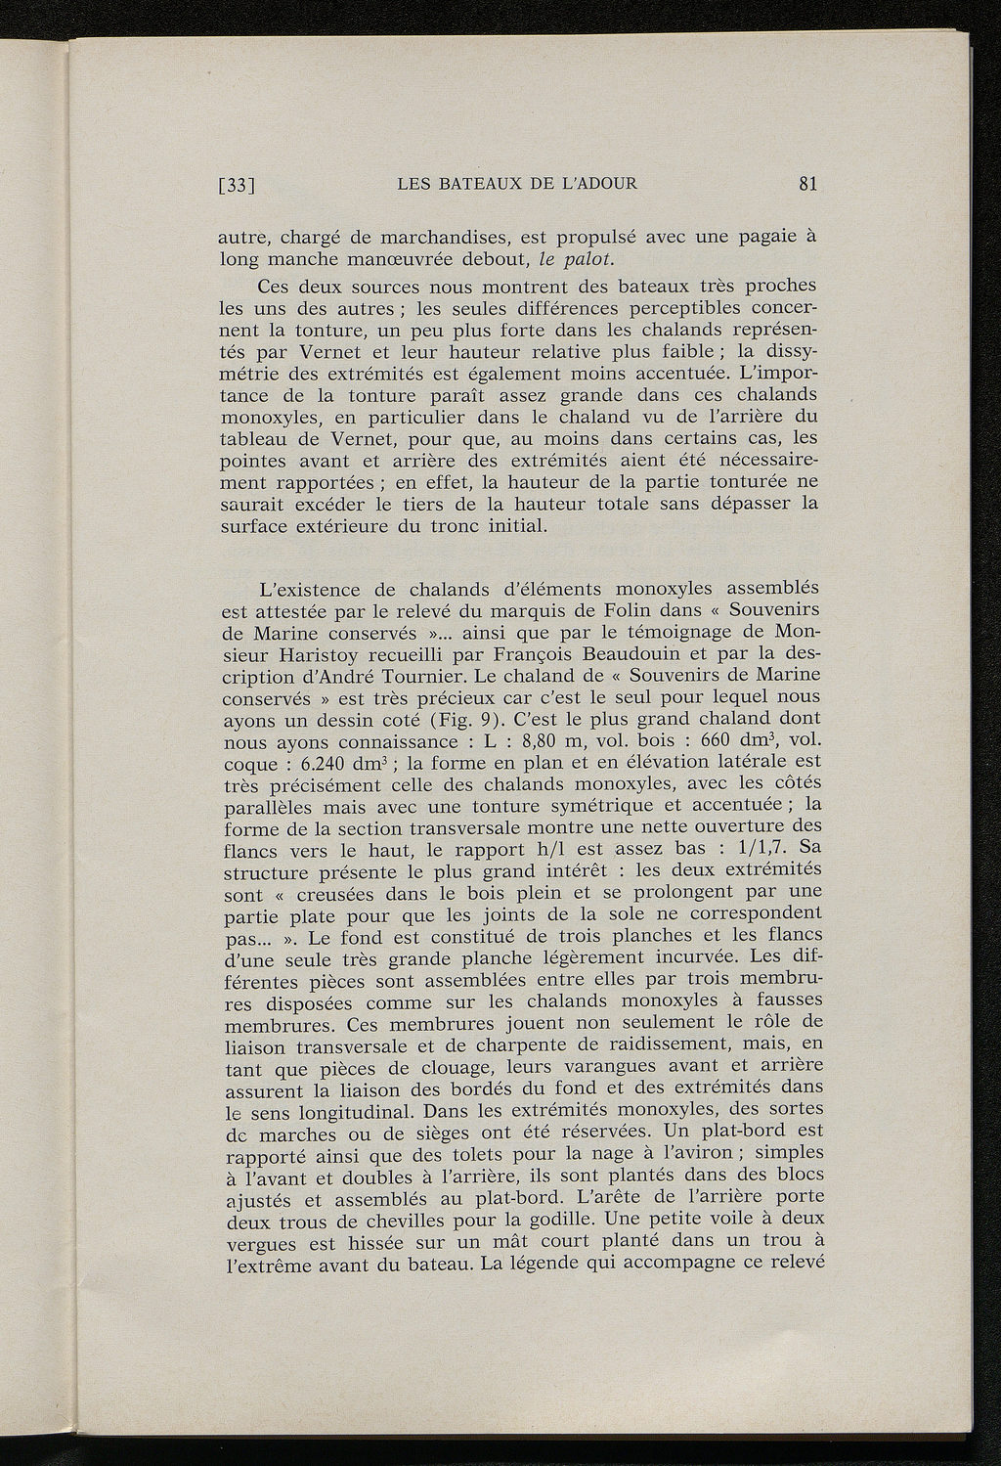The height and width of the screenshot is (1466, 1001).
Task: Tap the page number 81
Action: point(807,183)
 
